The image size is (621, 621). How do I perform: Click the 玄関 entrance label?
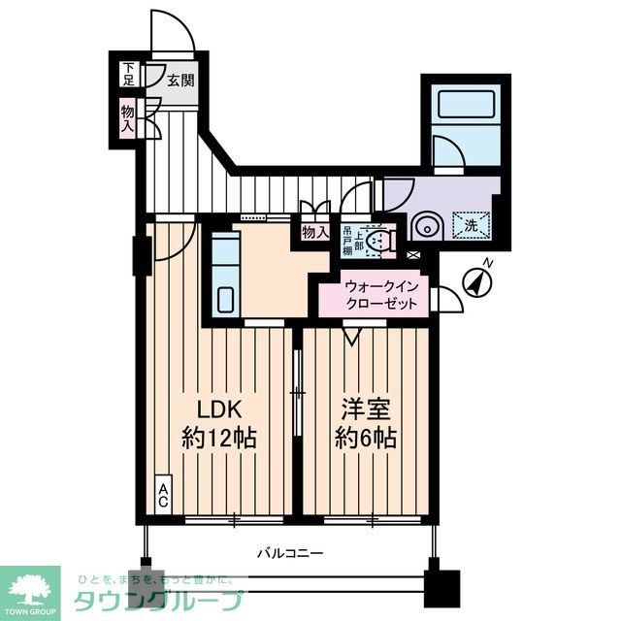coord(180,80)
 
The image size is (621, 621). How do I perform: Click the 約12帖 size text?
coord(219,438)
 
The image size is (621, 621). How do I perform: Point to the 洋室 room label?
coord(359,408)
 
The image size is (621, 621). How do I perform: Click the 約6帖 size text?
coord(363,438)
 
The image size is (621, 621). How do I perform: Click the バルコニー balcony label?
coord(290,554)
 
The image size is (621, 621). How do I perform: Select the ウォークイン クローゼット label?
coord(382,296)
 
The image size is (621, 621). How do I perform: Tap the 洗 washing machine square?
coord(471,225)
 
